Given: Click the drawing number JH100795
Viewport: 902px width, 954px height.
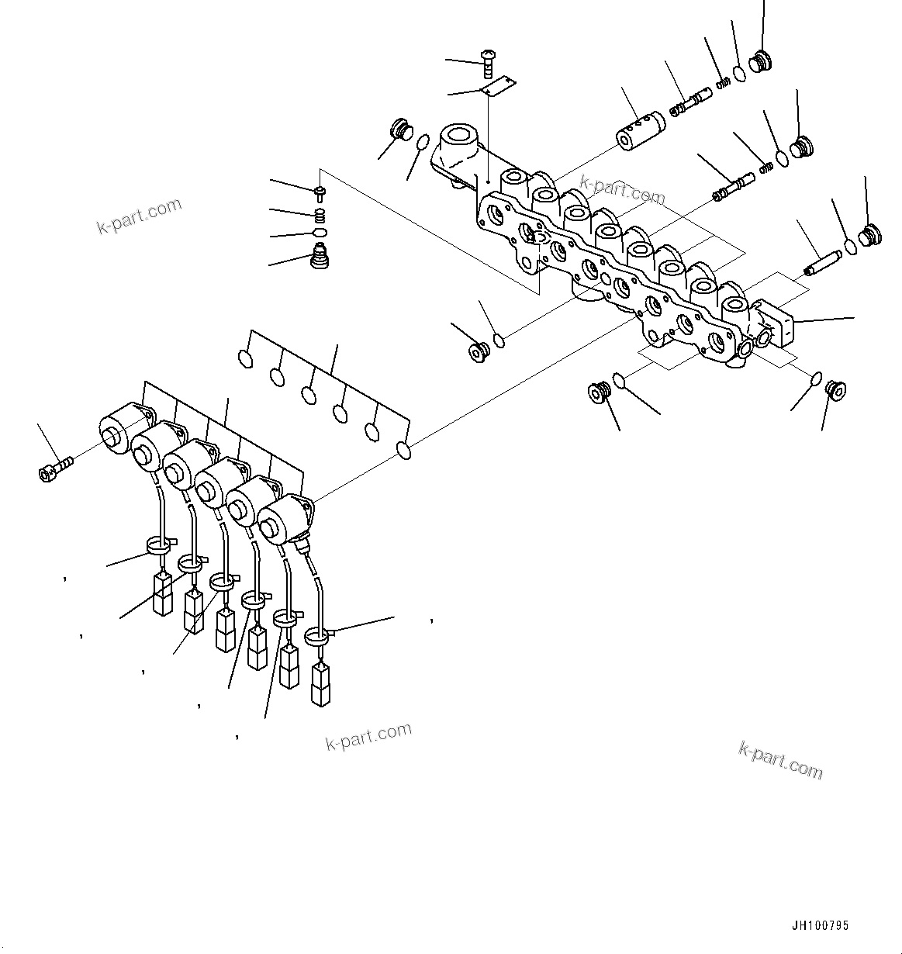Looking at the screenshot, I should pyautogui.click(x=820, y=925).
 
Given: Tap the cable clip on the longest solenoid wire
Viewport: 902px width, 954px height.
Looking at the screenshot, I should pyautogui.click(x=318, y=636).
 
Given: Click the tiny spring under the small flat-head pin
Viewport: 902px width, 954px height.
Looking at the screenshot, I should pyautogui.click(x=319, y=215).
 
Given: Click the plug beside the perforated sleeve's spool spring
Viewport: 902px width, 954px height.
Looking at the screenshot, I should pyautogui.click(x=761, y=62).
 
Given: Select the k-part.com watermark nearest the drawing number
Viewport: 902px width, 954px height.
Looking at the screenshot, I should pyautogui.click(x=780, y=759).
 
